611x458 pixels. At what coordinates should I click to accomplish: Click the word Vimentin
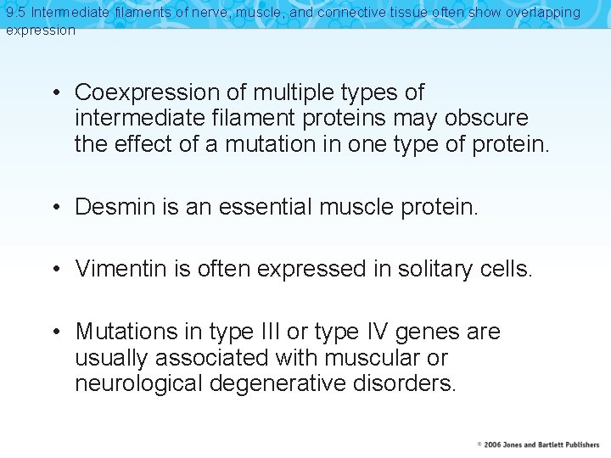tap(116, 269)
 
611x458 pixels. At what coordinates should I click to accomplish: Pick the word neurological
tap(139, 383)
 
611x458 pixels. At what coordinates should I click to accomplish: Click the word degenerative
tap(275, 383)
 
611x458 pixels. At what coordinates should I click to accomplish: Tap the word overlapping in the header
tap(544, 13)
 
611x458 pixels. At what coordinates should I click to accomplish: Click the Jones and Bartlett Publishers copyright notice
tap(538, 444)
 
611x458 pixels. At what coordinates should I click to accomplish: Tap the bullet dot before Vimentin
tap(54, 270)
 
